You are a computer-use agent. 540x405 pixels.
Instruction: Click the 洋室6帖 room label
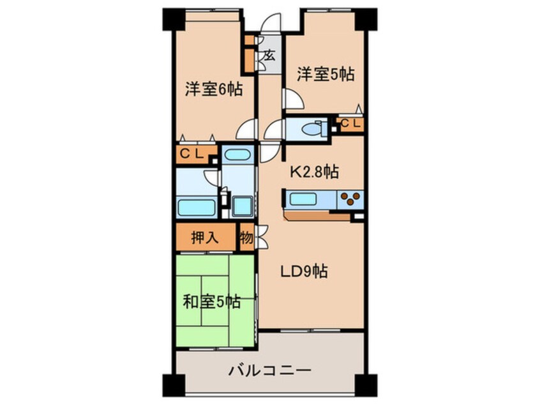tap(214, 89)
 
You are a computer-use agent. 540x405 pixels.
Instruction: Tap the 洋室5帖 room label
tap(326, 74)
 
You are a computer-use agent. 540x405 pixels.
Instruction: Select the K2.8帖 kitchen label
tap(314, 172)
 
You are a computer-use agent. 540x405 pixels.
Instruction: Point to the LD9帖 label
tap(303, 271)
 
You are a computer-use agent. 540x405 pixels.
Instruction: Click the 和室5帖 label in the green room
tap(211, 302)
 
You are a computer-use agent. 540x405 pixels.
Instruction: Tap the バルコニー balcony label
tap(270, 371)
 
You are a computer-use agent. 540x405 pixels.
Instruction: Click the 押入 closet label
tap(205, 238)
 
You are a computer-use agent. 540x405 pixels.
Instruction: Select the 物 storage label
tap(246, 238)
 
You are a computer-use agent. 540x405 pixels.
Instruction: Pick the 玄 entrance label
tap(269, 56)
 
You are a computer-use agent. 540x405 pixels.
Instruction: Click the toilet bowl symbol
tap(314, 129)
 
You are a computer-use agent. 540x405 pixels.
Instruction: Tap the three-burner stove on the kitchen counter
tap(350, 199)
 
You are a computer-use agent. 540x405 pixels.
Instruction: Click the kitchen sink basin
tap(303, 199)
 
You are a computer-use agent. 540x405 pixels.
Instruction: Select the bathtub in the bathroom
tap(197, 208)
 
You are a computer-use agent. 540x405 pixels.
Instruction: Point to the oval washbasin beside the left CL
tap(237, 155)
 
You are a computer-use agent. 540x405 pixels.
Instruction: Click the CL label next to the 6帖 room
tap(191, 155)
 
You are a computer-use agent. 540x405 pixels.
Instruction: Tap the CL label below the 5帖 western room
tap(350, 123)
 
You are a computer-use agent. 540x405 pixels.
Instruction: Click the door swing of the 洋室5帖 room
tap(293, 99)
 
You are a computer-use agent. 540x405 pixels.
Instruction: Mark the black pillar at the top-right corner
tap(366, 19)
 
